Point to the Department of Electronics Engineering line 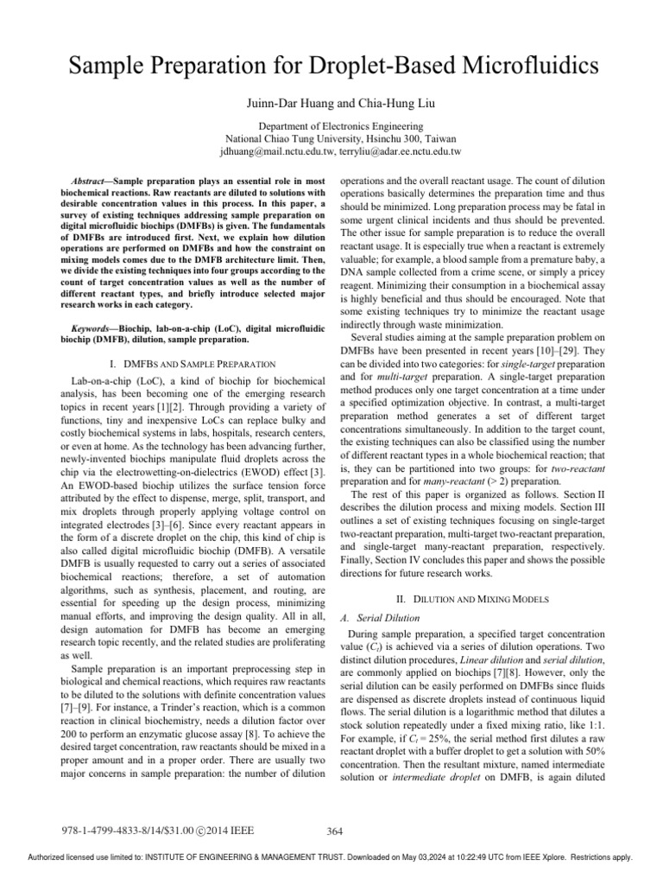point(331,126)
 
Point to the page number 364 point(336,831)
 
